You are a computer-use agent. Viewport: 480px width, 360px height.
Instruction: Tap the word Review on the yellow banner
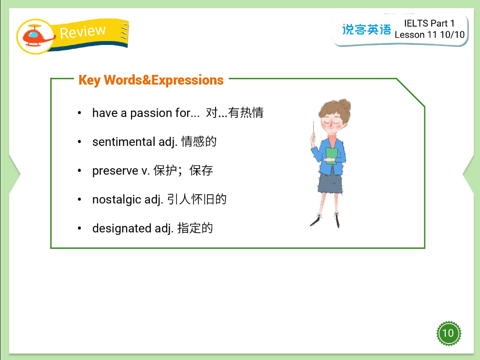[x=82, y=32]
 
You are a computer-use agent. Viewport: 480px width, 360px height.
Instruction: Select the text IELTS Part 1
[x=429, y=23]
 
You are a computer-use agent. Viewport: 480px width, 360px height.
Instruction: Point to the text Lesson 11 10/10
[x=429, y=35]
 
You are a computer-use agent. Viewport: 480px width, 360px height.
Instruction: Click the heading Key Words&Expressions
[x=151, y=80]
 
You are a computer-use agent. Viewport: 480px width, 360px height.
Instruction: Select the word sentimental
[x=124, y=142]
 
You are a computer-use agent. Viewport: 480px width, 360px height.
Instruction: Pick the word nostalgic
[x=116, y=199]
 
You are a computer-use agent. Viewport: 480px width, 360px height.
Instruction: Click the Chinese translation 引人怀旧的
[x=197, y=199]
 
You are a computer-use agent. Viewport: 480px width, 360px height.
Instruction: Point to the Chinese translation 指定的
[x=195, y=228]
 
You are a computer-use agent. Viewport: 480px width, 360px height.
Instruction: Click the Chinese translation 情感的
[x=199, y=142]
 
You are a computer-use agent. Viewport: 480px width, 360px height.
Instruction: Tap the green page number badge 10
[x=448, y=333]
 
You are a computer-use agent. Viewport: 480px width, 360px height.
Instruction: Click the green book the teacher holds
[x=332, y=156]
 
